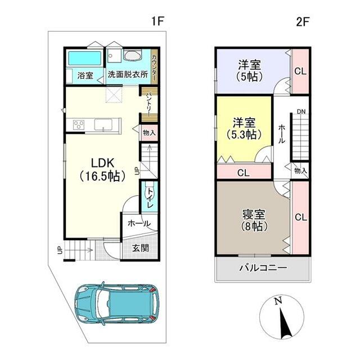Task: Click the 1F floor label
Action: tap(157, 21)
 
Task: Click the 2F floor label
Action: tap(303, 21)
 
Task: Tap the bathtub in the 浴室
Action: tap(85, 58)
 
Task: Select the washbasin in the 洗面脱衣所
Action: tap(133, 55)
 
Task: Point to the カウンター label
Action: tap(155, 67)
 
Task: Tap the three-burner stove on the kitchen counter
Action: tap(79, 125)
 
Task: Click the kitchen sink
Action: tap(103, 125)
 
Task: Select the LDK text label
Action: tap(102, 163)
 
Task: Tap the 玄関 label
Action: tap(141, 248)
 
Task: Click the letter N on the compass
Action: tap(278, 300)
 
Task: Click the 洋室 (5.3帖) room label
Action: tap(244, 128)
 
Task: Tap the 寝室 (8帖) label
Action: tap(254, 220)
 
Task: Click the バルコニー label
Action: tap(263, 268)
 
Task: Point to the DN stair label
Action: tap(301, 112)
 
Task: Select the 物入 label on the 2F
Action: tap(300, 170)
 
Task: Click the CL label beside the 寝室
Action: tap(301, 217)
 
